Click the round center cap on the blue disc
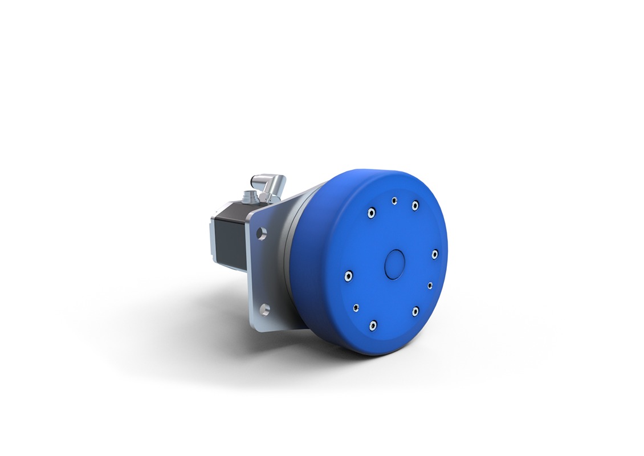point(394,264)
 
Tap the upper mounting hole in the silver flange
point(262,233)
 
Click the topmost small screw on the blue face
point(394,200)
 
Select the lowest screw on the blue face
point(372,325)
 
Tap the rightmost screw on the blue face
point(434,254)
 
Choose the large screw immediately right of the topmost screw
point(415,205)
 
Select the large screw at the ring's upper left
point(371,213)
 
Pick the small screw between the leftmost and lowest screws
point(356,307)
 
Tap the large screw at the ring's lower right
point(415,311)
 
